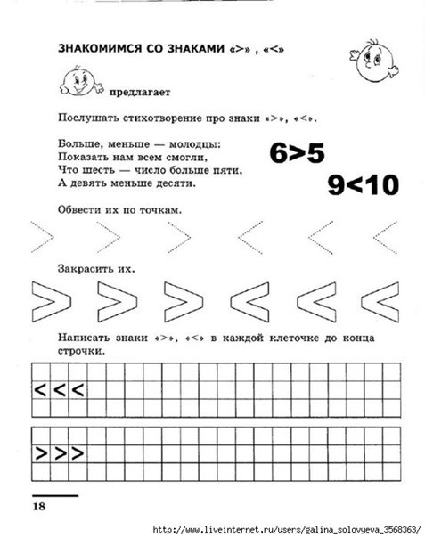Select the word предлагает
tap(135, 92)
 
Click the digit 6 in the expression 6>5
tap(273, 153)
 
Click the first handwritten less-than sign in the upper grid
tap(41, 389)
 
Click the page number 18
tap(40, 505)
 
